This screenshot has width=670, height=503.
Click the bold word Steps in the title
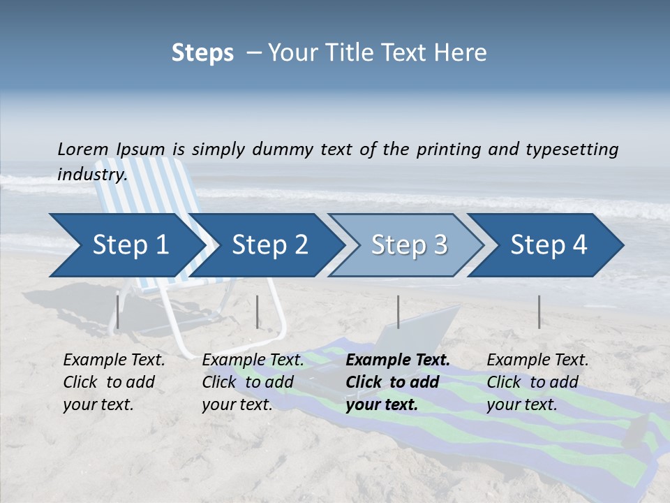202,52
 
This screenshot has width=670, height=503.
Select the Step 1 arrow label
131,245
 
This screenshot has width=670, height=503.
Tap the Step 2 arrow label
270,245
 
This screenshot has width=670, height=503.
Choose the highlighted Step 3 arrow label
410,245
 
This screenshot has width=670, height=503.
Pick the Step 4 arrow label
549,245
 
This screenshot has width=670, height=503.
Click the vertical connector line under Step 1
118,312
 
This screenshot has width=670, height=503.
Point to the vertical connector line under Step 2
258,312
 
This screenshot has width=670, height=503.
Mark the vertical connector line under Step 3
398,312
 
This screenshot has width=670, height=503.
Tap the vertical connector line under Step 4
539,312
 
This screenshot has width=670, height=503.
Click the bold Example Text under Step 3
398,360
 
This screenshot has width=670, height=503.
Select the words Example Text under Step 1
114,360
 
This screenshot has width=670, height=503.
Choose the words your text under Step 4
521,404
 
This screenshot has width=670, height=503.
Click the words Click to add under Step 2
248,382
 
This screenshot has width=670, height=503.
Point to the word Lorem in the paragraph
83,149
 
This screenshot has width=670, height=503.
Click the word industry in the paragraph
91,175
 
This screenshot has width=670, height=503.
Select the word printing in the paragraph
449,149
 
